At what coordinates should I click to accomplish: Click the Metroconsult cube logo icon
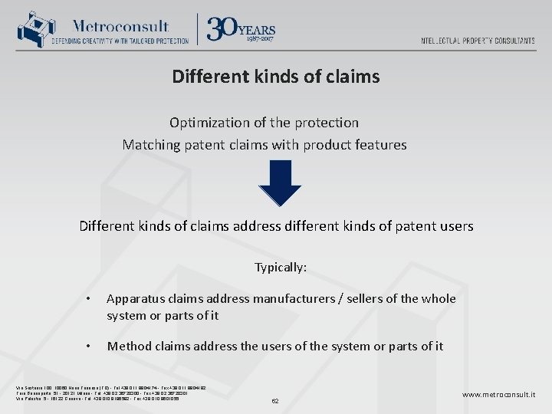tap(32, 29)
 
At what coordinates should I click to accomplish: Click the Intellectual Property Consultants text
tap(478, 41)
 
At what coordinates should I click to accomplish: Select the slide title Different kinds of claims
tap(275, 77)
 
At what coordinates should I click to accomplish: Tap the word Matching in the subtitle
tap(150, 145)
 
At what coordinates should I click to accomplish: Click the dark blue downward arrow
tap(280, 183)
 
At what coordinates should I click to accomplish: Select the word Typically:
tap(281, 268)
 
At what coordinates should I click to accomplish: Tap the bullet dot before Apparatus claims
tap(90, 299)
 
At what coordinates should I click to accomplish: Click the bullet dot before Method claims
tap(90, 347)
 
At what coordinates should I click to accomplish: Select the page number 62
tap(276, 400)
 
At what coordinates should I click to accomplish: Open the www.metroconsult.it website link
tap(498, 395)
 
